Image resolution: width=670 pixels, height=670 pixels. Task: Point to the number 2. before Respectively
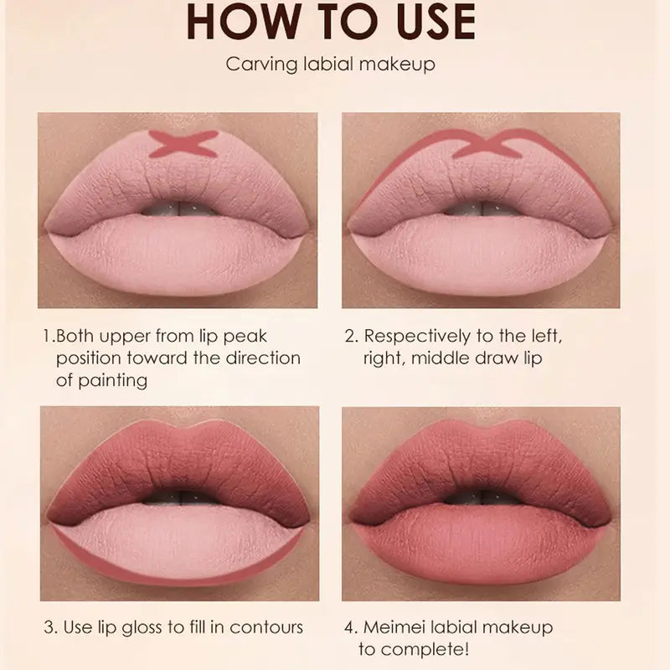tap(352, 336)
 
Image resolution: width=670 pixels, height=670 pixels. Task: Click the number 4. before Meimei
tap(352, 626)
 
